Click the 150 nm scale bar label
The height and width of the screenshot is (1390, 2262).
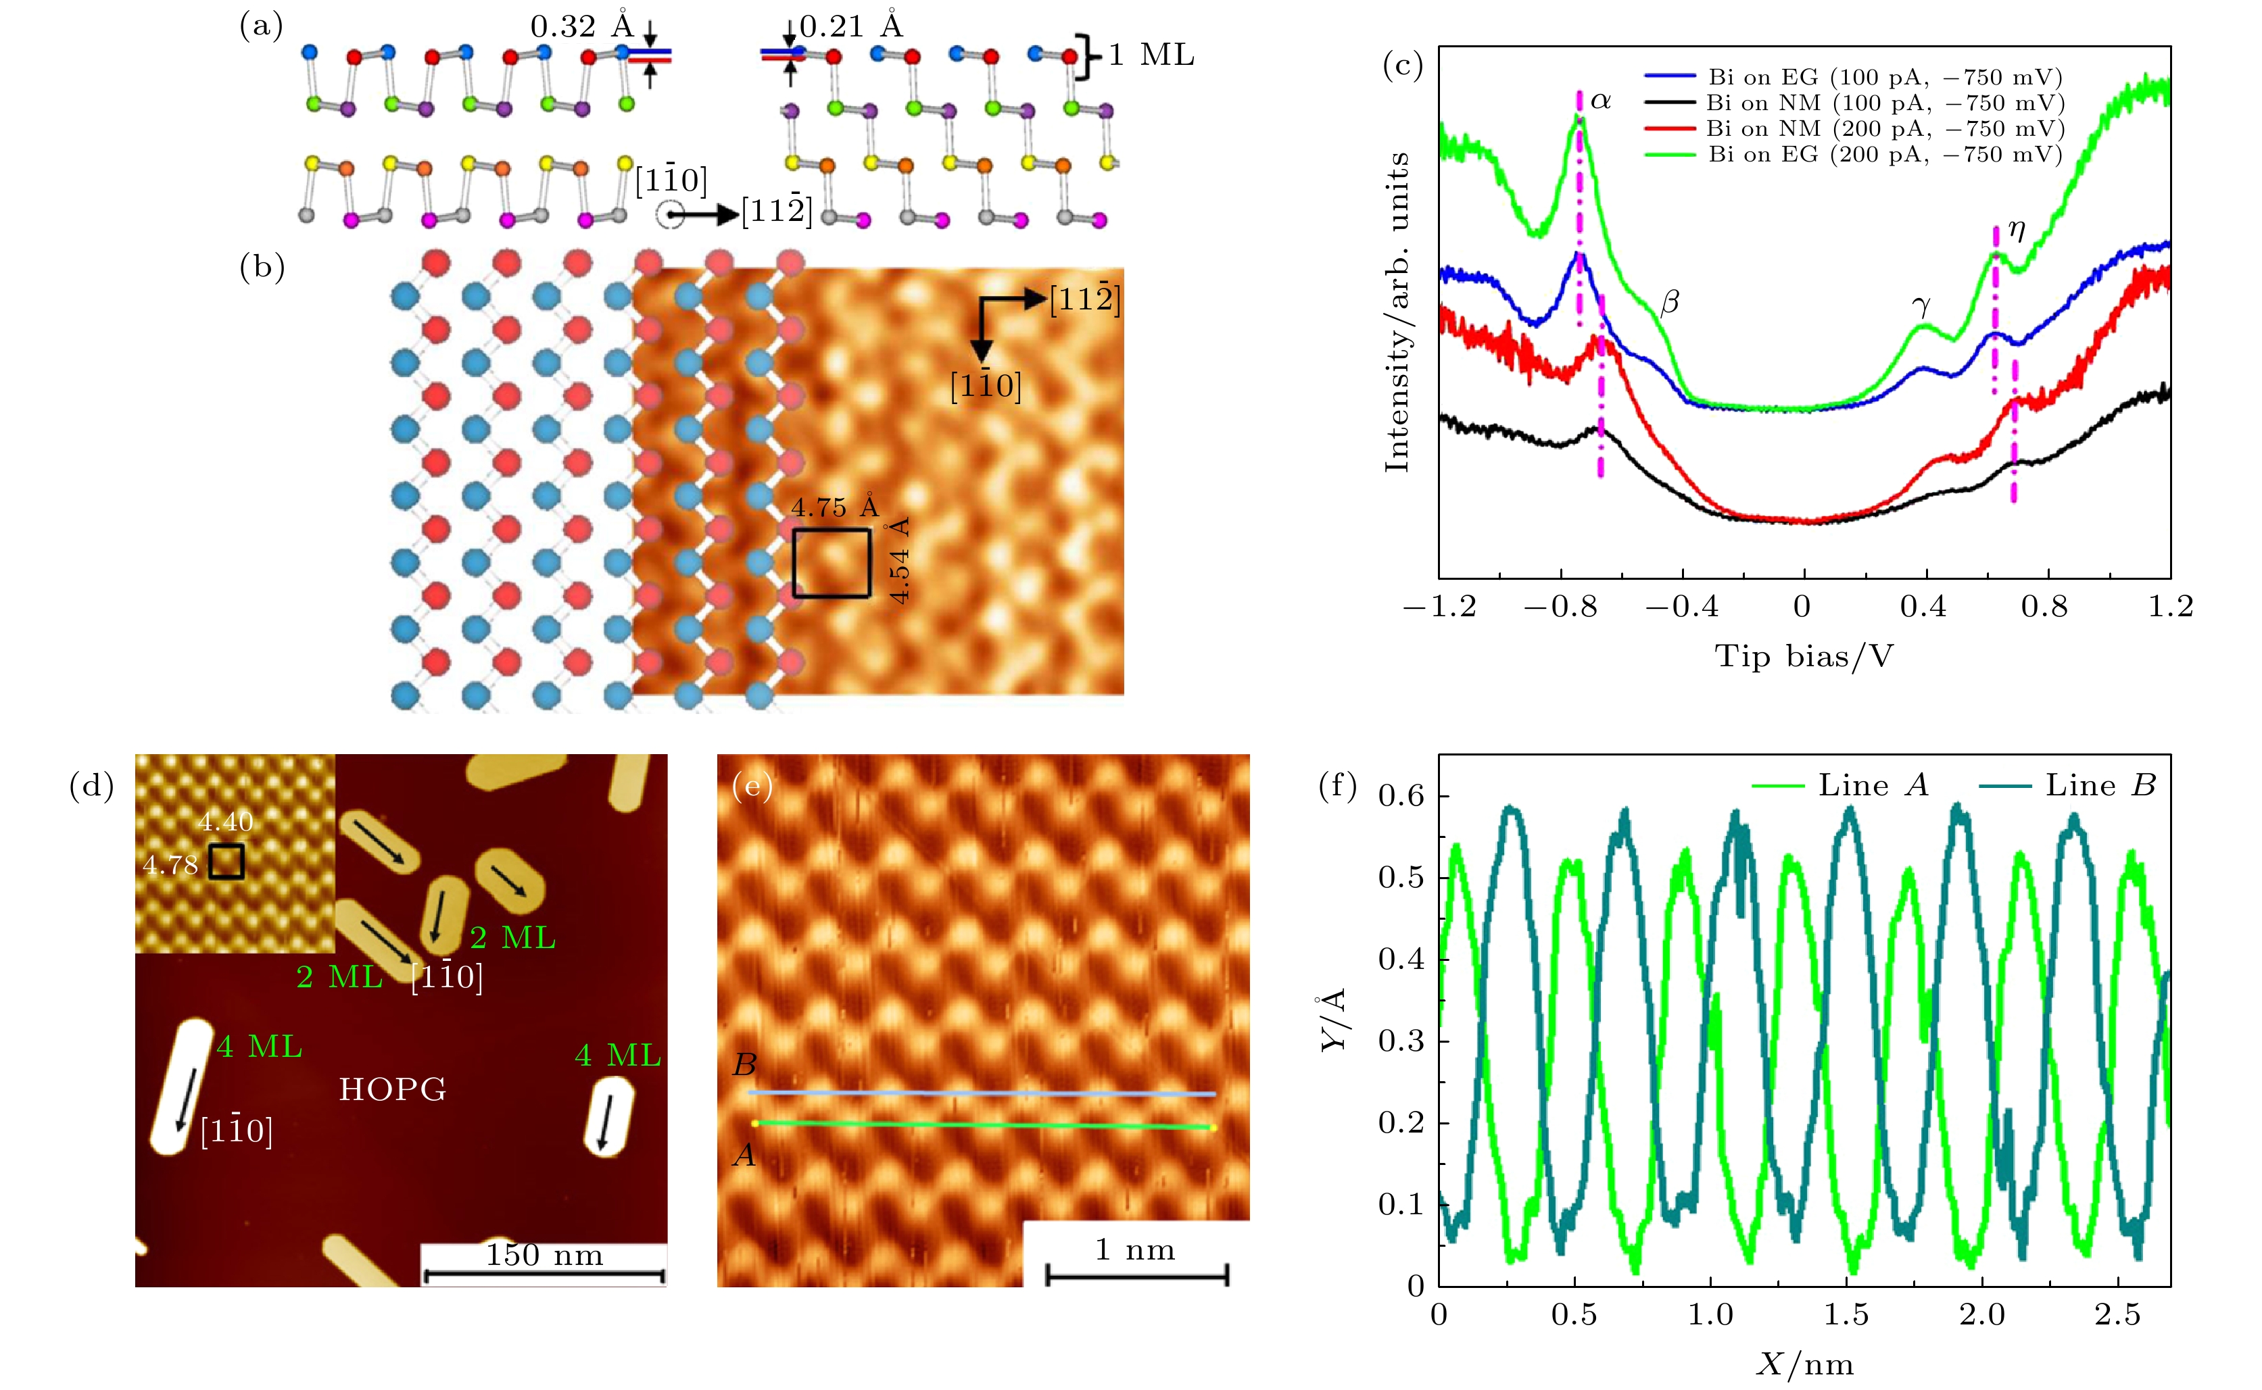click(x=544, y=1255)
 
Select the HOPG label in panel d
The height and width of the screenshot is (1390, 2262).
click(x=393, y=1089)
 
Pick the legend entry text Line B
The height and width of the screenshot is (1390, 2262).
click(x=2100, y=785)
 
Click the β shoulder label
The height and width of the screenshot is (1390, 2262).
click(x=1670, y=301)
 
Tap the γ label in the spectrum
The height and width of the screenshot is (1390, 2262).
click(x=1921, y=305)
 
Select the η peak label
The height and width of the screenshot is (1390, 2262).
click(x=2017, y=229)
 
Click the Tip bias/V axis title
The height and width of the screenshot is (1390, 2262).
click(x=1804, y=656)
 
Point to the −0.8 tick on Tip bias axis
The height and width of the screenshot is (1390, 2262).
click(x=1560, y=607)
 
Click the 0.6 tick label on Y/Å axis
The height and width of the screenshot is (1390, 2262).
click(x=1401, y=796)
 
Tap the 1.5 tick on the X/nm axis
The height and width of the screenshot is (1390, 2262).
click(x=1846, y=1314)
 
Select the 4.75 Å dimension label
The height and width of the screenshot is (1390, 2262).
click(x=835, y=507)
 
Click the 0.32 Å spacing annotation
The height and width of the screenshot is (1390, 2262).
click(x=582, y=26)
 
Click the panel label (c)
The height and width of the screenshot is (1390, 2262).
click(x=1402, y=66)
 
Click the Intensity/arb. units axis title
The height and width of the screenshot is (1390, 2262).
click(x=1397, y=313)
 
